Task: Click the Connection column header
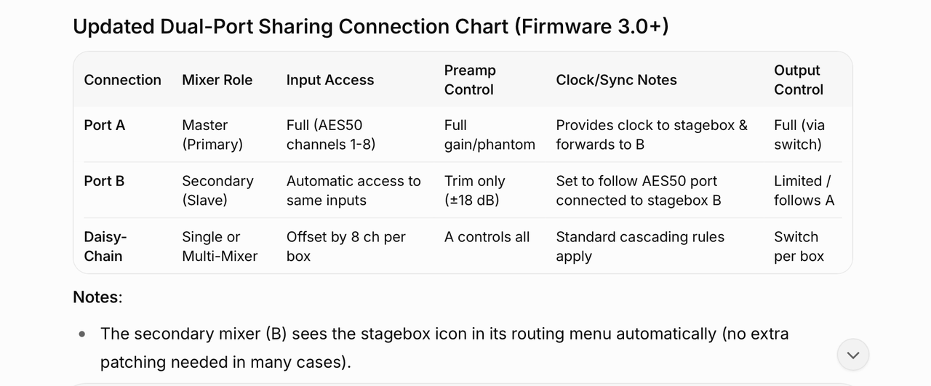pyautogui.click(x=122, y=80)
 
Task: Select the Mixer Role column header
pyautogui.click(x=217, y=80)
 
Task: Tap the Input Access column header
pyautogui.click(x=330, y=80)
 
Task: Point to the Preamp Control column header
pyautogui.click(x=470, y=80)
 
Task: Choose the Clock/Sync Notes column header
pyautogui.click(x=616, y=80)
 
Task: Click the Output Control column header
pyautogui.click(x=799, y=80)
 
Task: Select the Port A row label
pyautogui.click(x=104, y=125)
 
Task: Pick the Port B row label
pyautogui.click(x=104, y=181)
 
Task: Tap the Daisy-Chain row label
pyautogui.click(x=105, y=246)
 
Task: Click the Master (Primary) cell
pyautogui.click(x=212, y=134)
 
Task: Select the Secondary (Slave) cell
pyautogui.click(x=217, y=190)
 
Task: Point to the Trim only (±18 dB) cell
pyautogui.click(x=475, y=190)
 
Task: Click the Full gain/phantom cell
pyautogui.click(x=490, y=134)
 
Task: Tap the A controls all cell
pyautogui.click(x=487, y=237)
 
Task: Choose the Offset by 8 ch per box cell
pyautogui.click(x=345, y=246)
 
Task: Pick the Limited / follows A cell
pyautogui.click(x=804, y=190)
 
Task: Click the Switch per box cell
pyautogui.click(x=799, y=246)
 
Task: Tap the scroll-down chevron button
pyautogui.click(x=853, y=355)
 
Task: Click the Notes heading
pyautogui.click(x=97, y=297)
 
